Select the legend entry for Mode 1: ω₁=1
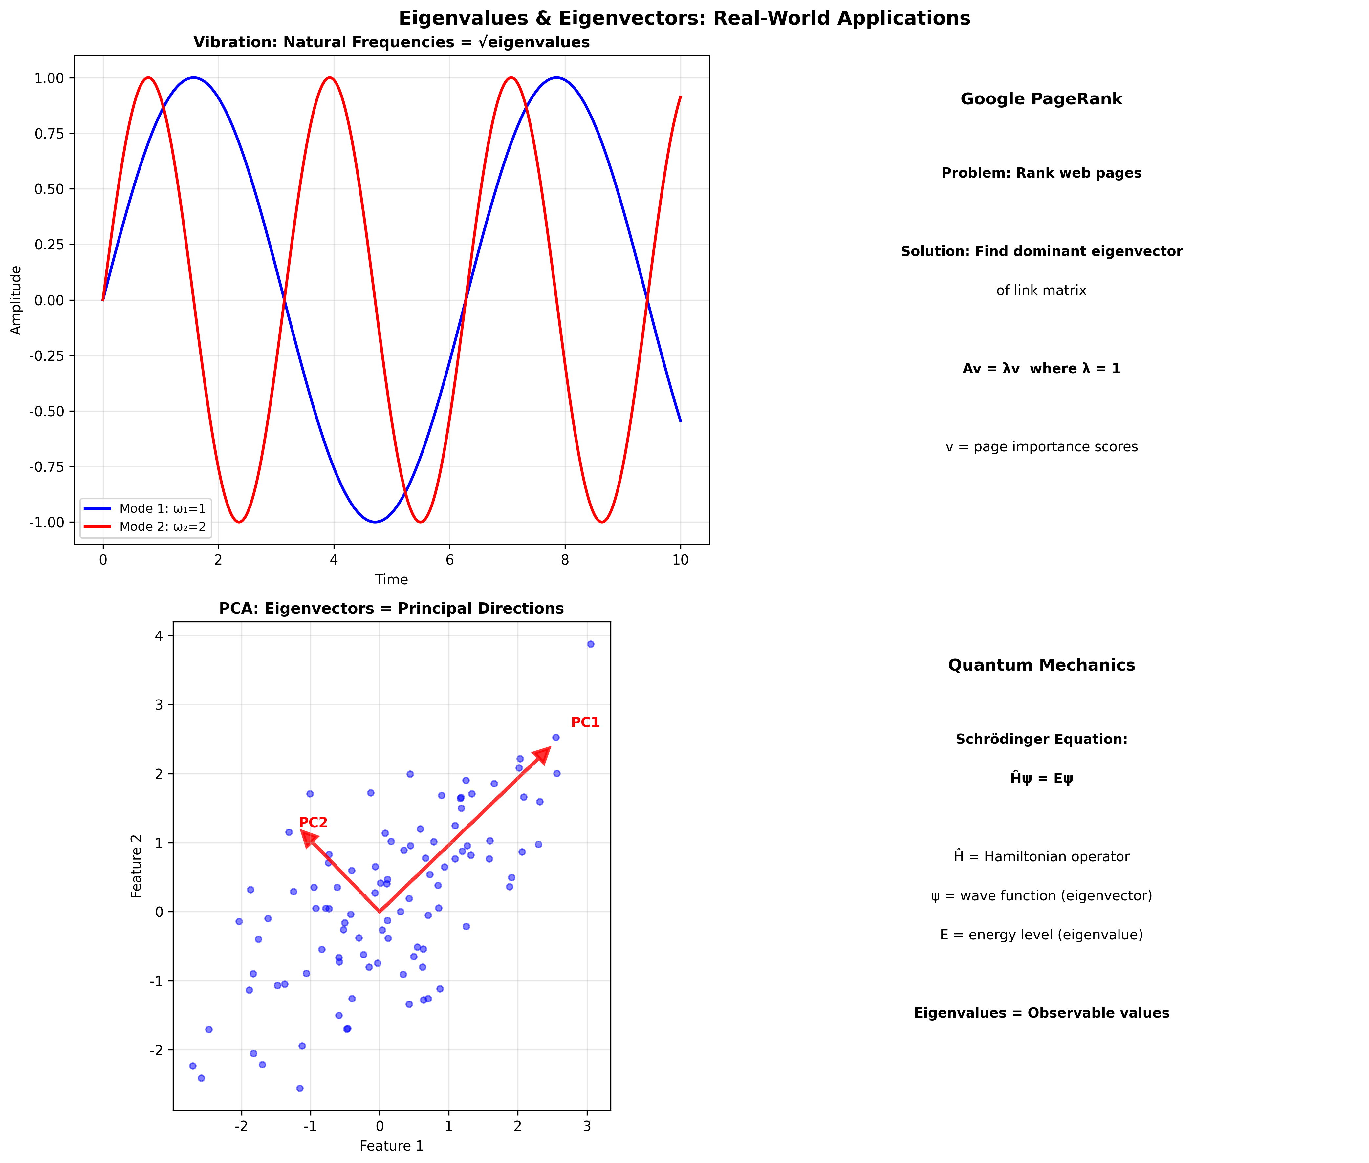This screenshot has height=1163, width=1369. [162, 508]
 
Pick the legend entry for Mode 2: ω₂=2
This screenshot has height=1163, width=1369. [162, 526]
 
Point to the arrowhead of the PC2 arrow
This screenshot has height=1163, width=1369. [308, 838]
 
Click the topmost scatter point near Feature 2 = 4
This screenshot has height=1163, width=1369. [590, 644]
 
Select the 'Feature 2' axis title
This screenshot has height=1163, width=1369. [137, 866]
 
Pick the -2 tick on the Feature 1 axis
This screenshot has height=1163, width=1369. [241, 1126]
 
